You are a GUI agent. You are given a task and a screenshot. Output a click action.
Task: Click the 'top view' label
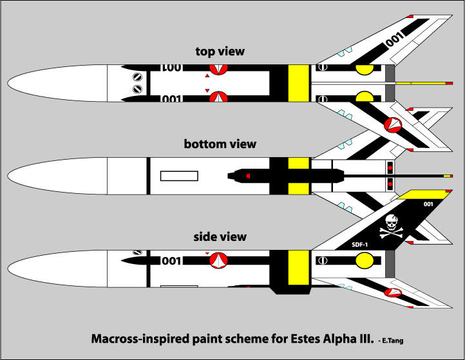[220, 51]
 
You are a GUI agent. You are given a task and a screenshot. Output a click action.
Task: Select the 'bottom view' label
[220, 144]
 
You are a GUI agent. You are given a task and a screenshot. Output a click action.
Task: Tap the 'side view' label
[220, 236]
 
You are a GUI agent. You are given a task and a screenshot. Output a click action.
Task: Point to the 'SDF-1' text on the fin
[360, 245]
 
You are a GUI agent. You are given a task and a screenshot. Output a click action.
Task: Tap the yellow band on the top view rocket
[296, 84]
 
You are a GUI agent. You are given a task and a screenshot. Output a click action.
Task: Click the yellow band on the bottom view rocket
[296, 175]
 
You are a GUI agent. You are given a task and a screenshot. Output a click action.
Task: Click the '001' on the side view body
[171, 261]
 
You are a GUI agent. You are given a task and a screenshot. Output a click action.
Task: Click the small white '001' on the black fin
[428, 204]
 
